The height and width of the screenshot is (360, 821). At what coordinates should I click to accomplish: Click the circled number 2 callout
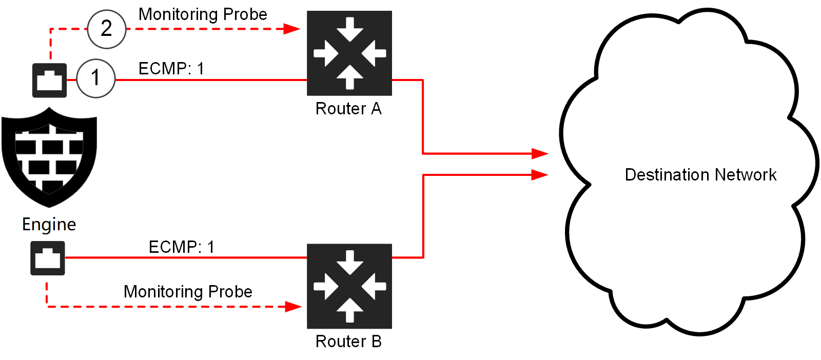point(106,29)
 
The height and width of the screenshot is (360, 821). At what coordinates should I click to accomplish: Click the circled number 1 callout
point(95,78)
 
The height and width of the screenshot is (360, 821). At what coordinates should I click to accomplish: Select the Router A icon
point(349,53)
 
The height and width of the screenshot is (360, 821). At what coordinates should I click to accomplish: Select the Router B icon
point(349,286)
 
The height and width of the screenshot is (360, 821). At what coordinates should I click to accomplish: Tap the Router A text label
point(348,109)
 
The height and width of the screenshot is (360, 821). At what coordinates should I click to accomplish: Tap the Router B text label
point(348,342)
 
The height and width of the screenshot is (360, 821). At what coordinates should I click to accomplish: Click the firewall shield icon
point(49,156)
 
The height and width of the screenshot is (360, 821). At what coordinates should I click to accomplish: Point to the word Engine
point(49,225)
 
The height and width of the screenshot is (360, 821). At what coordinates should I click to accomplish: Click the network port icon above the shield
point(49,81)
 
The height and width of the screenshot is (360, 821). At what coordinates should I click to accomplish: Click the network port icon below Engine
point(48,258)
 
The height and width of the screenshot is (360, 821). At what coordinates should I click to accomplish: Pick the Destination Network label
point(700,175)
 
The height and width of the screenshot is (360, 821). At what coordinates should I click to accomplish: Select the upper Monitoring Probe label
point(203,14)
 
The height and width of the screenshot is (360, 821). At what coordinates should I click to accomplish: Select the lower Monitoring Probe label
point(188,292)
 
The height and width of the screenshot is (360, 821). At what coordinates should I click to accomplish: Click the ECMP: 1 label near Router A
point(171,69)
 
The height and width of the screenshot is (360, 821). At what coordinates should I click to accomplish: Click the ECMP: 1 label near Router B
point(181,247)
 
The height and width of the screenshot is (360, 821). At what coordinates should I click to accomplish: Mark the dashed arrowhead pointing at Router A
point(292,29)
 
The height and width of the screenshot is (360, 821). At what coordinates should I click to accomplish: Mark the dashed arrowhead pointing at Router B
point(294,307)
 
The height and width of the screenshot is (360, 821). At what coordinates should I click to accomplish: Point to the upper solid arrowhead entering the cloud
point(540,153)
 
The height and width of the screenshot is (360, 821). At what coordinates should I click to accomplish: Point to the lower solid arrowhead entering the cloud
point(540,175)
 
